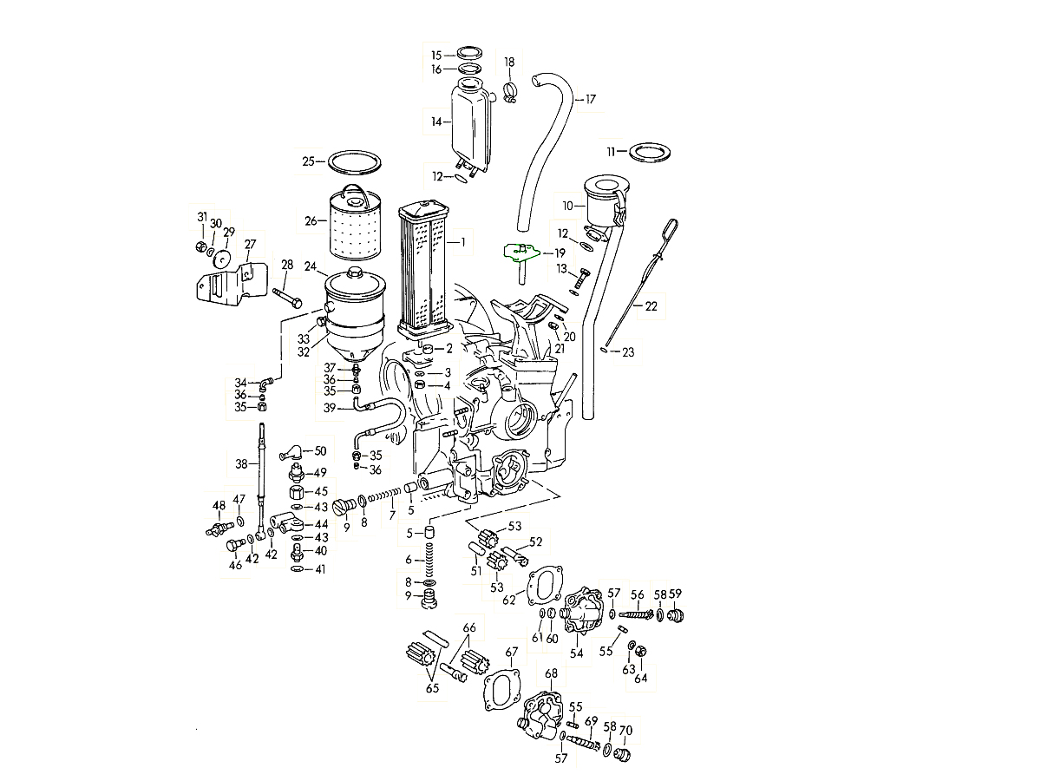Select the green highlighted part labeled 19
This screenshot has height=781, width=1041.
pos(520,253)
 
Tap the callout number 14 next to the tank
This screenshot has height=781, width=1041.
pos(436,122)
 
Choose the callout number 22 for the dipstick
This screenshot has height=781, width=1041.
pos(651,305)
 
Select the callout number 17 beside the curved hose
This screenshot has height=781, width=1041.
pos(591,99)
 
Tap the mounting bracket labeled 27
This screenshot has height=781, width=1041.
pos(224,286)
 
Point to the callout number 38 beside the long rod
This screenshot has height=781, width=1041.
pos(241,463)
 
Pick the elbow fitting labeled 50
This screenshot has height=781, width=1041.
pos(291,452)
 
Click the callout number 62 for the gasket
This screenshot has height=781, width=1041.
pos(508,599)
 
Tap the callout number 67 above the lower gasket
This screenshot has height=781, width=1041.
pos(512,652)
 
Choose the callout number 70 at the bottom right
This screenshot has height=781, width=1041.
pos(625,731)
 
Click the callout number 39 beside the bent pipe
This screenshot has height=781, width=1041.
pos(330,407)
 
